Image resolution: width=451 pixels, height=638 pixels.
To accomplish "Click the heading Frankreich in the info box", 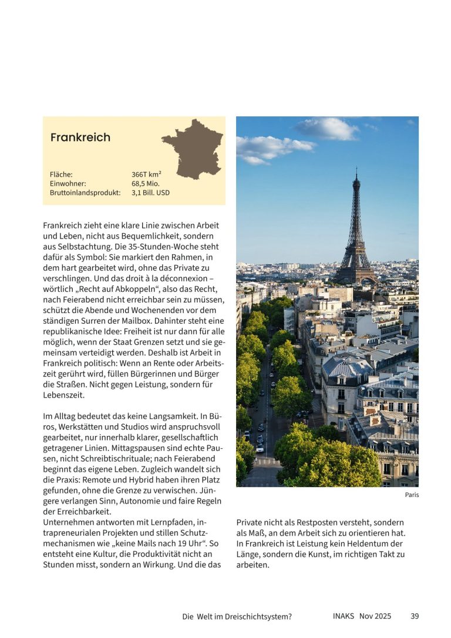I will pos(80,137).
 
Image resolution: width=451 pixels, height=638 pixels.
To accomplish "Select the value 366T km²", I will pos(146,174).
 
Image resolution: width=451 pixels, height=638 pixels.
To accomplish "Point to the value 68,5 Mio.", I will pos(145,183).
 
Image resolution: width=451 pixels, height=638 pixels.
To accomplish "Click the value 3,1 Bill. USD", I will pos(150,192).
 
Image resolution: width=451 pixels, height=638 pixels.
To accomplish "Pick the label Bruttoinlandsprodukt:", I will pos(85,192).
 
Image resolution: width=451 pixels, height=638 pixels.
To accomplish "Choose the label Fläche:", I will pos(61,174).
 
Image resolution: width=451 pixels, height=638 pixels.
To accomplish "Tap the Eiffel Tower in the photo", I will pos(356,235).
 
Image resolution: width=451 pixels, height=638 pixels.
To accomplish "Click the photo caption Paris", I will pos(412,495).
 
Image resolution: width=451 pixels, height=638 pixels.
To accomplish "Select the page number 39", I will pos(415,616).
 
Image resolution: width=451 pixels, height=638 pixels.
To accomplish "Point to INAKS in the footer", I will pos(338,616).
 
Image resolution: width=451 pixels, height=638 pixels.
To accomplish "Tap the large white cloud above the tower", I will pos(327,129).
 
